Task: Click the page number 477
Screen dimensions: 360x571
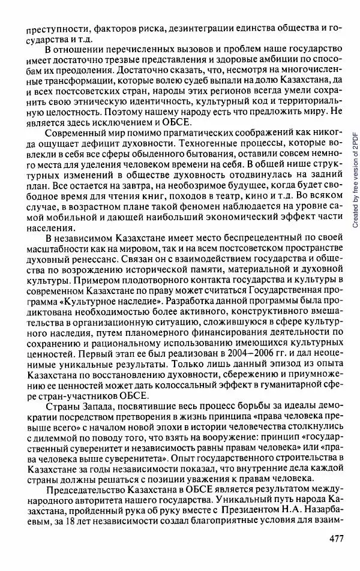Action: [336, 554]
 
